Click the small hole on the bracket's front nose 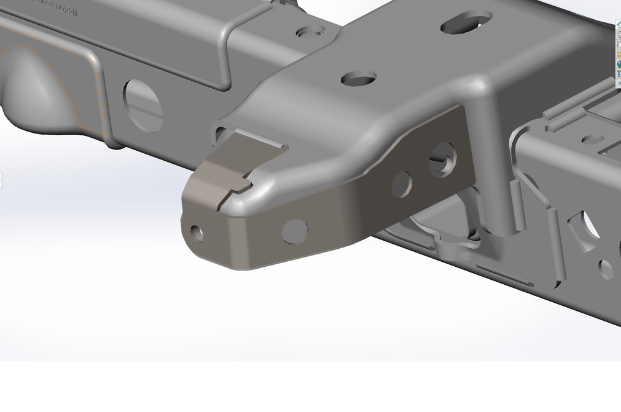click(x=197, y=233)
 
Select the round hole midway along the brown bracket click(x=294, y=231)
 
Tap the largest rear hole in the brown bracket click(x=442, y=159)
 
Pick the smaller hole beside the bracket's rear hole click(x=402, y=183)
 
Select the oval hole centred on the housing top click(x=359, y=78)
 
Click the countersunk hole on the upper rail click(x=309, y=32)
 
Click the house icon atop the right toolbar click(x=619, y=24)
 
